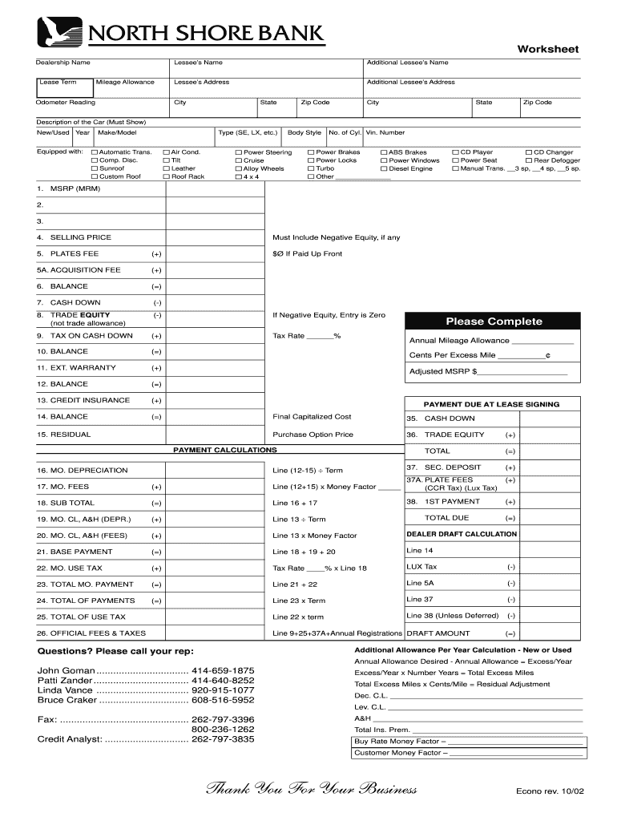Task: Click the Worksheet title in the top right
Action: (547, 50)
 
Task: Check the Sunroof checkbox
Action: (95, 168)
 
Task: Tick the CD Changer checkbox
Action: (528, 152)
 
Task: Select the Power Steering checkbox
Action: (239, 152)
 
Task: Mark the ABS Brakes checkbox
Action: (384, 152)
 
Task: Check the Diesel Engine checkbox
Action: (384, 168)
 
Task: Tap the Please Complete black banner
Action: (494, 322)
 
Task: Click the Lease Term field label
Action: (58, 82)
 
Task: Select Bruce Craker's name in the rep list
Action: (67, 700)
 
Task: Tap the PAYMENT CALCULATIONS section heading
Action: (225, 450)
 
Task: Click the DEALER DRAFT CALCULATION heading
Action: (462, 534)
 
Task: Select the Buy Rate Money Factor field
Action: (468, 741)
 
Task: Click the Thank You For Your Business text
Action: (312, 790)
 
